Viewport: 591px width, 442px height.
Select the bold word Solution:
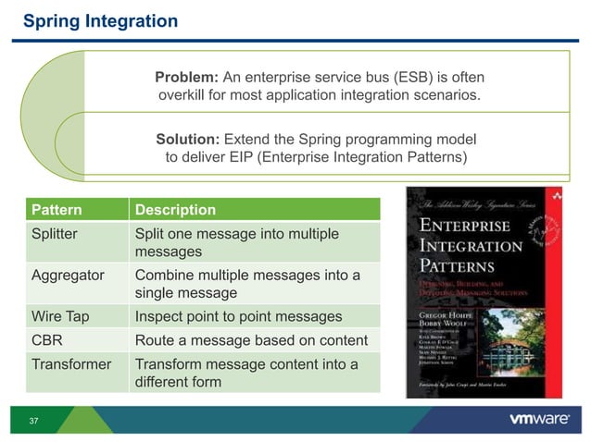tap(187, 140)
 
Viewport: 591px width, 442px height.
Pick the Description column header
tap(175, 210)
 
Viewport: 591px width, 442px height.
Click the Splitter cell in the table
tap(55, 234)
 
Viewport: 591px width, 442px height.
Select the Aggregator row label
tap(67, 276)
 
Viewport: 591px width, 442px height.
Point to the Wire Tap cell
tap(60, 316)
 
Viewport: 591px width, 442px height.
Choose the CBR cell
tap(47, 340)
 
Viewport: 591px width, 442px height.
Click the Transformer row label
tap(71, 364)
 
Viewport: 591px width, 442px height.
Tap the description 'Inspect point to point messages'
tap(238, 316)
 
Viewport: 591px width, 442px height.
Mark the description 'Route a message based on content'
tap(251, 340)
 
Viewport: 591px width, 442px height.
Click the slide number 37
tap(33, 422)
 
